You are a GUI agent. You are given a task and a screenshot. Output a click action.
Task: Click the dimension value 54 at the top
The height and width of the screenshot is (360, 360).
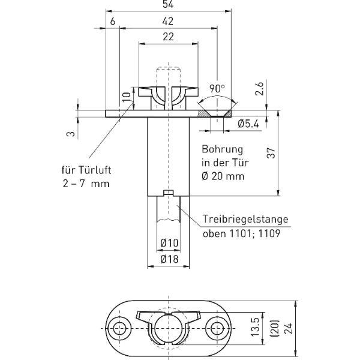click(x=168, y=4)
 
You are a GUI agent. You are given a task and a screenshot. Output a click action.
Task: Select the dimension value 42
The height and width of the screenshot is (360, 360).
click(x=168, y=22)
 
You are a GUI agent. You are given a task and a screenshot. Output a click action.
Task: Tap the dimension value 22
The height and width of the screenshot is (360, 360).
click(x=168, y=37)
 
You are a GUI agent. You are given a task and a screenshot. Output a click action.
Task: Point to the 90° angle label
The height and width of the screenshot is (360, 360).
click(x=217, y=89)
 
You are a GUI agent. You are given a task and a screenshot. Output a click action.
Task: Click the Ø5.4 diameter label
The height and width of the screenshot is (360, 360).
click(x=248, y=124)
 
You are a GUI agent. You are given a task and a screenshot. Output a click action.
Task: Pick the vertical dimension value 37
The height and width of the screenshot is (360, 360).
click(x=271, y=153)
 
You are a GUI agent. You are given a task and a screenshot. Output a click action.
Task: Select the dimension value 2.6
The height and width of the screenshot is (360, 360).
click(x=259, y=89)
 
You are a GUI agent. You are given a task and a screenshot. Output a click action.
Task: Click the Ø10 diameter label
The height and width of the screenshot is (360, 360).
click(x=169, y=242)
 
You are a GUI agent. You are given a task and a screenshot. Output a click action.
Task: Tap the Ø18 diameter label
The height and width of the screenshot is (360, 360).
click(x=169, y=259)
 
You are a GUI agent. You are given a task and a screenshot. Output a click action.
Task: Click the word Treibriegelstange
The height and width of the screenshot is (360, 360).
click(x=245, y=219)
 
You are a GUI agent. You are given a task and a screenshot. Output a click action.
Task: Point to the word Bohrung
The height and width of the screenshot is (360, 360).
click(x=222, y=149)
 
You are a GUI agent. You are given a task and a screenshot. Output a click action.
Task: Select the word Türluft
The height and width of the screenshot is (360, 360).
click(x=95, y=170)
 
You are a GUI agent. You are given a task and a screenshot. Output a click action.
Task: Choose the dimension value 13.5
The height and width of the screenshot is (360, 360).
click(x=256, y=327)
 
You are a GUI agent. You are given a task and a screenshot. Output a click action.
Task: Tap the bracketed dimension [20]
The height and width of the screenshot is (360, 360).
click(x=275, y=328)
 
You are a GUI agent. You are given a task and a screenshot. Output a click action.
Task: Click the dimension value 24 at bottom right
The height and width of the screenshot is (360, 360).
click(x=289, y=328)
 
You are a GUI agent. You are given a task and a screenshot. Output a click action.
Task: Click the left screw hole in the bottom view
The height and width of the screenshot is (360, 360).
click(x=119, y=328)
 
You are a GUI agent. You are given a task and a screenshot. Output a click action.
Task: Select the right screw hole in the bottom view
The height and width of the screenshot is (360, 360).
click(x=217, y=328)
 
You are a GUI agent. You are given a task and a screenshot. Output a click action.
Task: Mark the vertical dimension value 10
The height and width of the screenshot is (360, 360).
click(x=127, y=97)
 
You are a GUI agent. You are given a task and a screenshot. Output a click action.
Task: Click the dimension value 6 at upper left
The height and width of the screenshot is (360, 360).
click(x=113, y=22)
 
